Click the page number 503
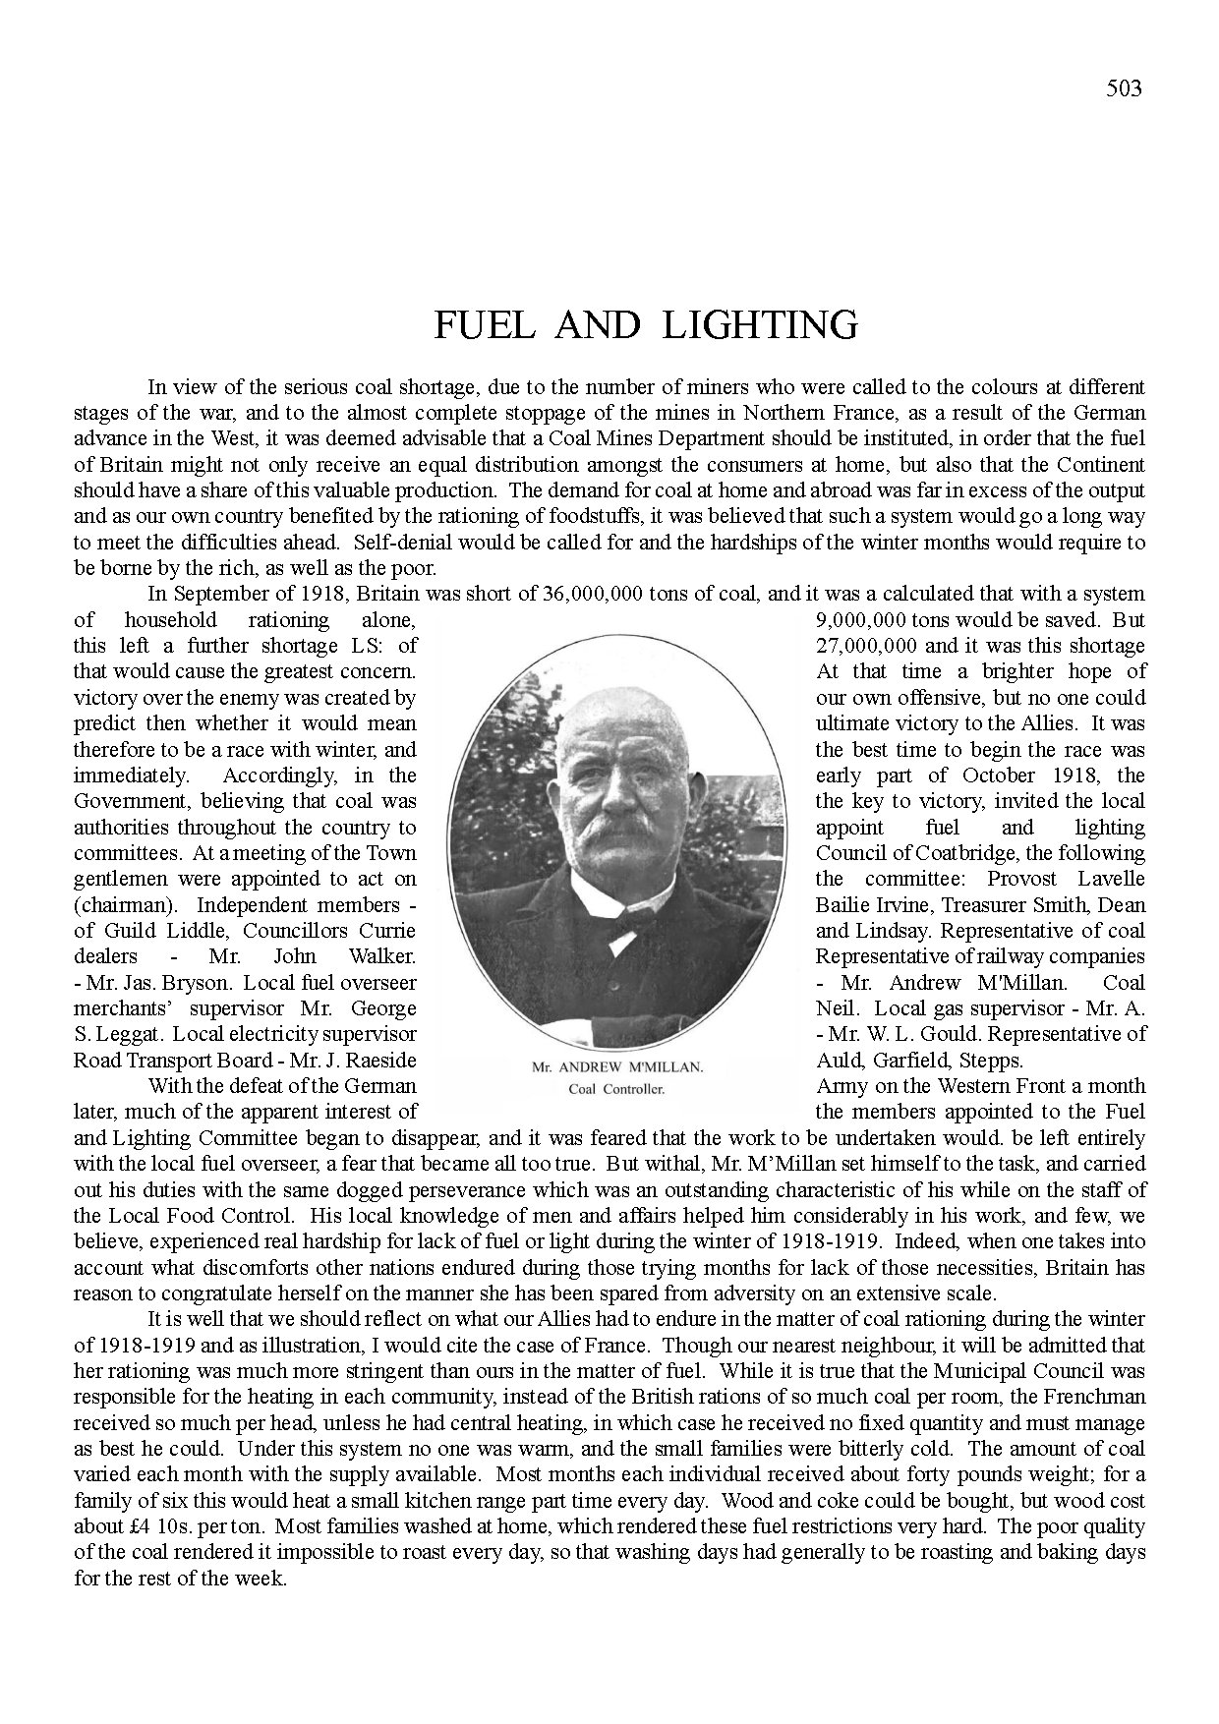pyautogui.click(x=1124, y=88)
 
